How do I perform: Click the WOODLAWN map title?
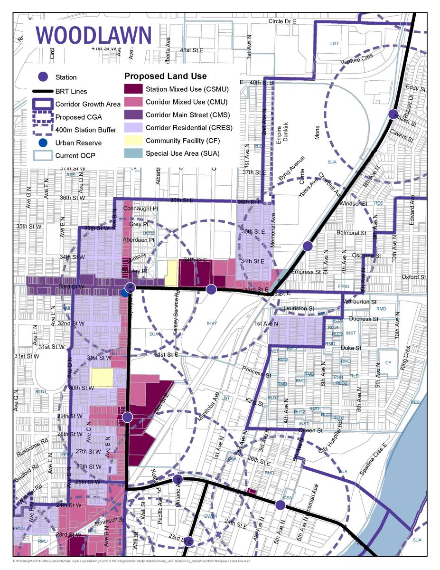point(94,36)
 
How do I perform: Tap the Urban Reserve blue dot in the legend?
point(43,142)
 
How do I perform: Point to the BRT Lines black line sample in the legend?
point(43,91)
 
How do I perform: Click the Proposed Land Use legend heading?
point(165,76)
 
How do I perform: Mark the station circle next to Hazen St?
point(393,114)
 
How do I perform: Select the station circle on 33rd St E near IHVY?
point(211,289)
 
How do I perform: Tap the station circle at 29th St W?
point(127,417)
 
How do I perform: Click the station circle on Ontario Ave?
point(178,479)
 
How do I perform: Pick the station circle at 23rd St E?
point(188,541)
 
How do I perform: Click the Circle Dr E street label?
point(282,21)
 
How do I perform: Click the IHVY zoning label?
point(212,323)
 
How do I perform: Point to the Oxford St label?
point(413,277)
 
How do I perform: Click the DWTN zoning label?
point(210,516)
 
